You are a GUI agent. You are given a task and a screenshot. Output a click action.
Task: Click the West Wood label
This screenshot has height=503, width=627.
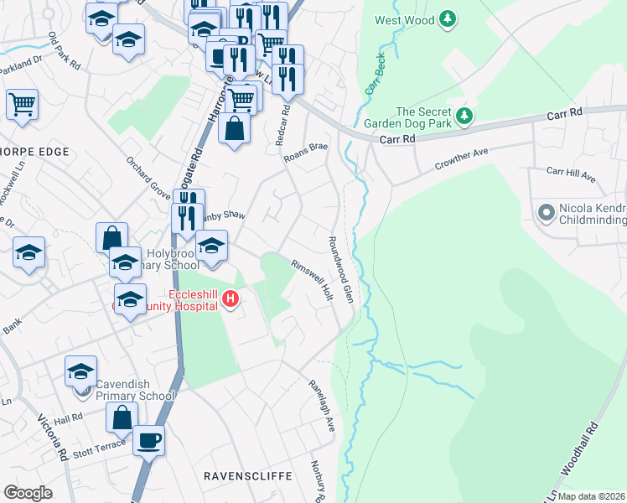pyautogui.click(x=402, y=19)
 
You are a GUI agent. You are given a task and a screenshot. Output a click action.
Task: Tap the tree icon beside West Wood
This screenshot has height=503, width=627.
pyautogui.click(x=448, y=18)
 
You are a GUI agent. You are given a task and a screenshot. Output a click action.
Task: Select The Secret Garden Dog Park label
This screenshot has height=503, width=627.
pyautogui.click(x=423, y=117)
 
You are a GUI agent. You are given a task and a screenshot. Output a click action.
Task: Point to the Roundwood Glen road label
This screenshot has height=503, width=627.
pyautogui.click(x=342, y=268)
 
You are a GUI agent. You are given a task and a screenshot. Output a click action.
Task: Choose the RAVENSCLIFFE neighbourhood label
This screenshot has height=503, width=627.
pyautogui.click(x=248, y=476)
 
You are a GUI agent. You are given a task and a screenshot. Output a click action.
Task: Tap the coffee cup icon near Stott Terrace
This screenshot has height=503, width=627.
pyautogui.click(x=149, y=439)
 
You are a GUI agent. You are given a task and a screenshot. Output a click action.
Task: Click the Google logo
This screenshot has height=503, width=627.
pyautogui.click(x=28, y=493)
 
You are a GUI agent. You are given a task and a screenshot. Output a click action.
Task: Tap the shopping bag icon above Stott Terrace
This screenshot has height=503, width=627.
pyautogui.click(x=122, y=417)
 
